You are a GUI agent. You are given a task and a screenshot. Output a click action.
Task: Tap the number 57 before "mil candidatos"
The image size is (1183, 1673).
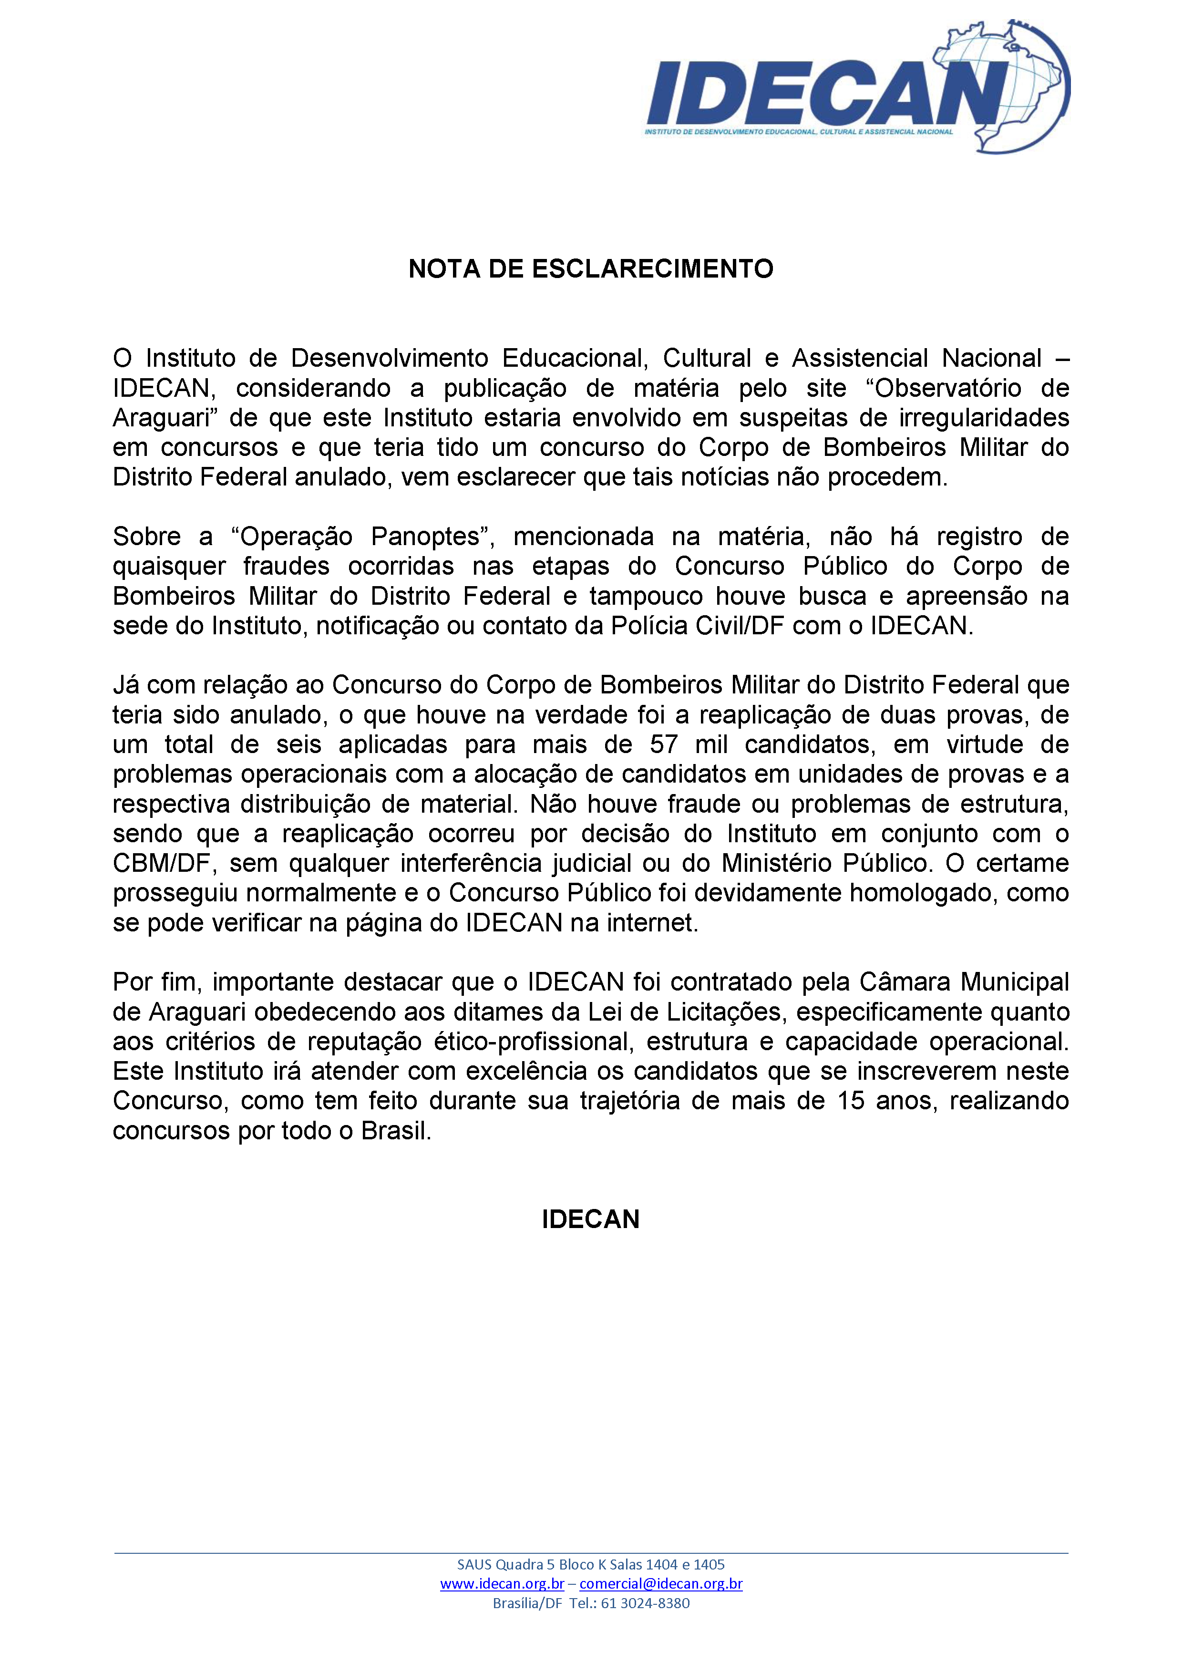[664, 744]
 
